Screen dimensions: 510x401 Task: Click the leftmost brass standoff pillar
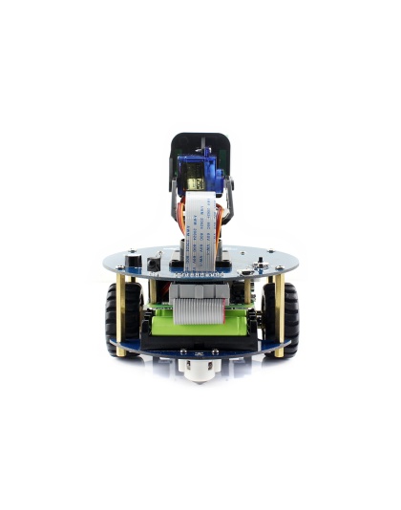coord(121,315)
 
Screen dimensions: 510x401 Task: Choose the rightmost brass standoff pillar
coord(280,315)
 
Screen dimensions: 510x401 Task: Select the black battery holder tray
coord(200,342)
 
